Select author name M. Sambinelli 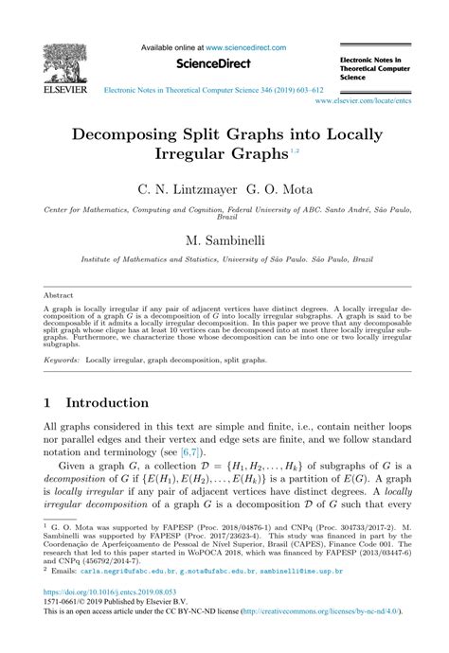[x=224, y=242]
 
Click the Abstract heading [x=60, y=294]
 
